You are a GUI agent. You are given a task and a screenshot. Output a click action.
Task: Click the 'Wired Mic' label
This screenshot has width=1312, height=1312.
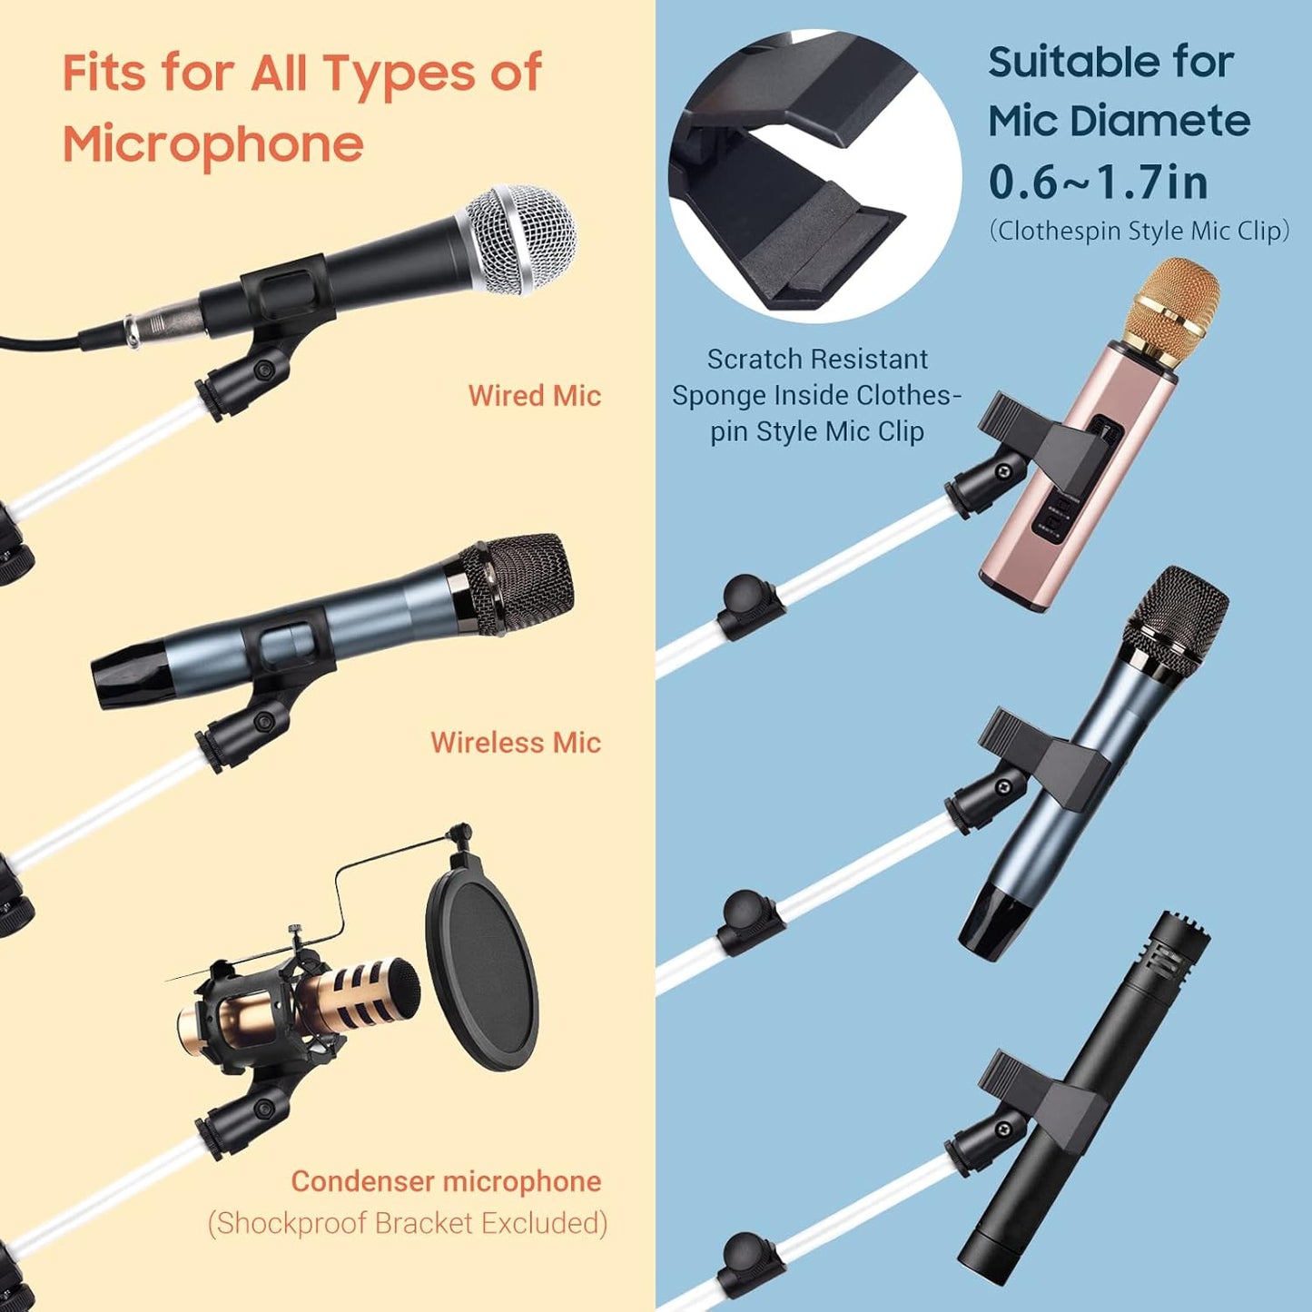click(x=534, y=396)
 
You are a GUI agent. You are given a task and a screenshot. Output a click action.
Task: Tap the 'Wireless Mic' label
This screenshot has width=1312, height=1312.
click(x=515, y=743)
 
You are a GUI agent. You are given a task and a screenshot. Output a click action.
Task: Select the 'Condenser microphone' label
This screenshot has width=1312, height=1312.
click(x=446, y=1181)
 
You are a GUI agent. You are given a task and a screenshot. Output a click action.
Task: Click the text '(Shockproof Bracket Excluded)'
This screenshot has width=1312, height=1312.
click(x=408, y=1223)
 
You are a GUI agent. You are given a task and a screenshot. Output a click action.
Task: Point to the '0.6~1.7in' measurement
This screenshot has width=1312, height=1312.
click(x=1098, y=182)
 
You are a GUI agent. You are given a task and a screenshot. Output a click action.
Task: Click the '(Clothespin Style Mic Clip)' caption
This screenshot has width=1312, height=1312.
click(x=1139, y=231)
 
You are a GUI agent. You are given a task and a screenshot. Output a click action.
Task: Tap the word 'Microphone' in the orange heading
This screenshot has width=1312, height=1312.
click(x=213, y=144)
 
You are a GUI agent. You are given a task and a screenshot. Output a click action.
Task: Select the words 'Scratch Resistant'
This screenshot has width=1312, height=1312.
click(x=817, y=360)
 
